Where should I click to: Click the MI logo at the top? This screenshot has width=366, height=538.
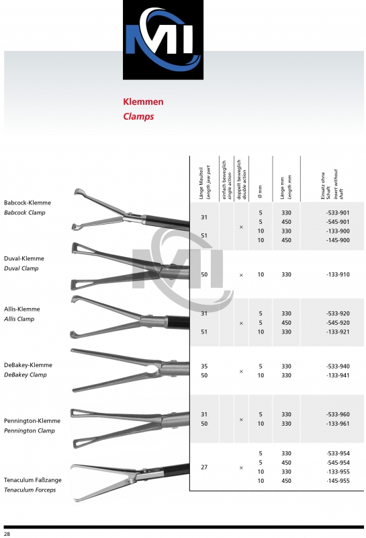click(163, 40)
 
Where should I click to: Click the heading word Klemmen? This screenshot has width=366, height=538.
click(143, 102)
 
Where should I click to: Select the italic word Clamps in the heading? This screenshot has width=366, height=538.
click(138, 116)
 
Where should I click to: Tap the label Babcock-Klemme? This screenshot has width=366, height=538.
click(28, 202)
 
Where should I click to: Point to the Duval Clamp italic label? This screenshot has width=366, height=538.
click(21, 268)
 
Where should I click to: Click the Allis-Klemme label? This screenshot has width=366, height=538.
click(22, 309)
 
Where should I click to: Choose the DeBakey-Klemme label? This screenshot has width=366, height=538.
click(28, 365)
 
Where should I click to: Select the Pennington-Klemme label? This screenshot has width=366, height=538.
click(32, 420)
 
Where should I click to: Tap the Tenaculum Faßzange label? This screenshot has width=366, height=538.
click(32, 480)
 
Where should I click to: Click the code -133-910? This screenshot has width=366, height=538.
click(336, 275)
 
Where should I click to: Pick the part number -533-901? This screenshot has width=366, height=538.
click(336, 212)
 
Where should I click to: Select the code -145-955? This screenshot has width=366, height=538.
click(336, 481)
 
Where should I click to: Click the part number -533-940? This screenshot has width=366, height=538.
click(336, 366)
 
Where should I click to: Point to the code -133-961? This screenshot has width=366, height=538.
click(336, 424)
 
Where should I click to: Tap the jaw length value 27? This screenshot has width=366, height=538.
click(205, 467)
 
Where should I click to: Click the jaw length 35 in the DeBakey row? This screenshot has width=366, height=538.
click(205, 366)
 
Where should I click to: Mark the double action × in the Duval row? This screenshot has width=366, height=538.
click(241, 275)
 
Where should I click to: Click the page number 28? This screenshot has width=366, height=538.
click(7, 533)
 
